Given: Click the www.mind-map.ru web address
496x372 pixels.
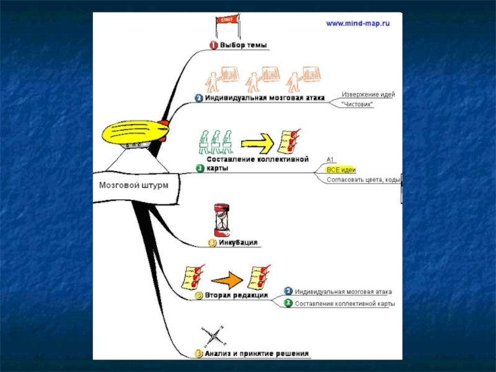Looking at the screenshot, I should click(358, 24).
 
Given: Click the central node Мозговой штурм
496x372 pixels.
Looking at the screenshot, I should click(133, 185).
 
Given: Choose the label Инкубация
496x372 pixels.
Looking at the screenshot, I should click(238, 242).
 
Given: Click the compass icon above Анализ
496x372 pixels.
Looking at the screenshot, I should click(214, 337).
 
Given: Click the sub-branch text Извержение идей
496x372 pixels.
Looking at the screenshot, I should click(368, 94).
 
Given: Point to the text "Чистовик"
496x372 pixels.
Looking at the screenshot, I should click(358, 105).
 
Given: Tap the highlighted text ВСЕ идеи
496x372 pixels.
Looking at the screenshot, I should click(341, 169).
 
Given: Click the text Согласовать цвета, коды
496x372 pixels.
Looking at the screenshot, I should click(363, 180).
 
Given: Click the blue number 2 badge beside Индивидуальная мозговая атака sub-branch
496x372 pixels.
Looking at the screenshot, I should click(288, 291).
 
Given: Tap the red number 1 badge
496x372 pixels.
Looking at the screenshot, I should click(213, 45).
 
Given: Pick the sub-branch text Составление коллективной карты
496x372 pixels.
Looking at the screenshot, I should click(345, 304).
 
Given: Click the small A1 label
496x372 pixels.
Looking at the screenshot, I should click(330, 159).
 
